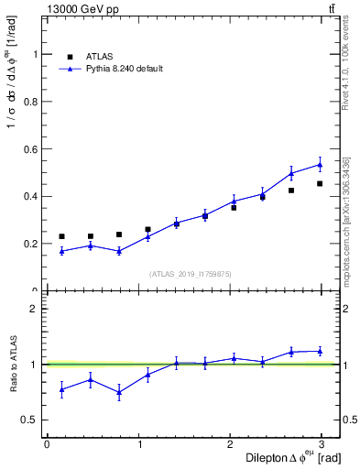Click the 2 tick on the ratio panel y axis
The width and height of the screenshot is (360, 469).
[x=37, y=309]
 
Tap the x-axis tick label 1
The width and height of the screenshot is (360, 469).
[x=140, y=444]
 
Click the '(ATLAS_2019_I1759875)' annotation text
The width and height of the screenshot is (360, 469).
[x=191, y=274]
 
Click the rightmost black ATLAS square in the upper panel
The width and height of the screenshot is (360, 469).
[x=320, y=183]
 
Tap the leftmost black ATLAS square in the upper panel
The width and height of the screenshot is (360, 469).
[x=61, y=236]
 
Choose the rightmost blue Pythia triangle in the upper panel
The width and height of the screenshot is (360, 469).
[x=320, y=165]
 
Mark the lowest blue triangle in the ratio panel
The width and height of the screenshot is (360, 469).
[x=119, y=392]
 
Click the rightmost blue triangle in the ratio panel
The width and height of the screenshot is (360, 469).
[x=320, y=351]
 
